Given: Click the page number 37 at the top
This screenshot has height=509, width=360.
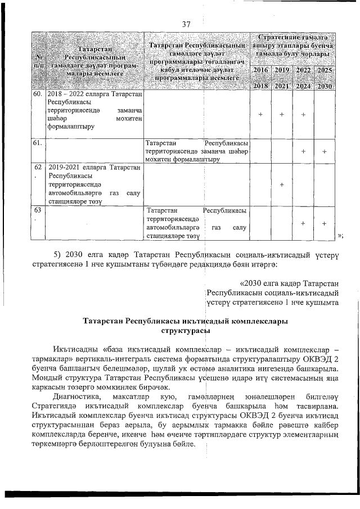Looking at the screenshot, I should (187, 24).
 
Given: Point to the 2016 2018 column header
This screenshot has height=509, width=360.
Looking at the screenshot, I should (260, 78).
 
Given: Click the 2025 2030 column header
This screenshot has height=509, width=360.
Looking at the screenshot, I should (325, 78).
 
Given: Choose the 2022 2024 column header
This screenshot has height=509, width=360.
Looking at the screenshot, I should (303, 78).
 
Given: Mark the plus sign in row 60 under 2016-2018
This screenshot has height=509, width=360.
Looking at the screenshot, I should (260, 114).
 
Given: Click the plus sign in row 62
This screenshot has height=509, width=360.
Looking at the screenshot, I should (282, 184).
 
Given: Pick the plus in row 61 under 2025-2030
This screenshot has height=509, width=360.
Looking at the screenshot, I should (325, 151).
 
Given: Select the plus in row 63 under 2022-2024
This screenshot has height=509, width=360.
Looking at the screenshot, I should (303, 223).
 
